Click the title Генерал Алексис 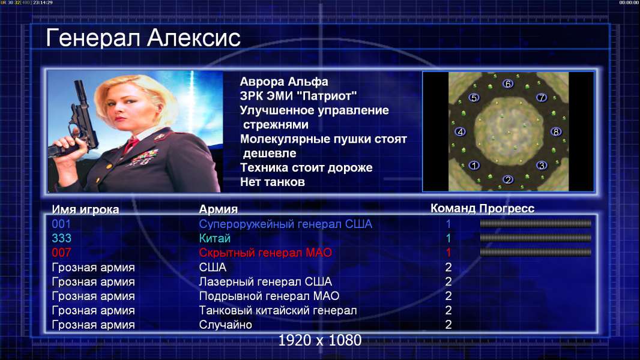pos(143,38)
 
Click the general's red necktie pos(131,144)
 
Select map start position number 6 pos(508,84)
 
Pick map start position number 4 pos(460,131)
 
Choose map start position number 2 pos(508,179)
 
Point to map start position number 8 pos(556,131)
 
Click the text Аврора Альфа pos(283,82)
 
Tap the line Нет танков pos(272,182)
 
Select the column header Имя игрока pos(85,209)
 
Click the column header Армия pos(218,209)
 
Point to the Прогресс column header pos(507,208)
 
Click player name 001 pos(61,224)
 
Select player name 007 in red pos(61,253)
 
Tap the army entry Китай pos(215,238)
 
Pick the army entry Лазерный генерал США pos(265,281)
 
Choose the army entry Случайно pos(225,325)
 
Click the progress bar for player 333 pos(536,238)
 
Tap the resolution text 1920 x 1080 pos(320,340)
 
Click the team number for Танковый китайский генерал pos(448,310)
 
